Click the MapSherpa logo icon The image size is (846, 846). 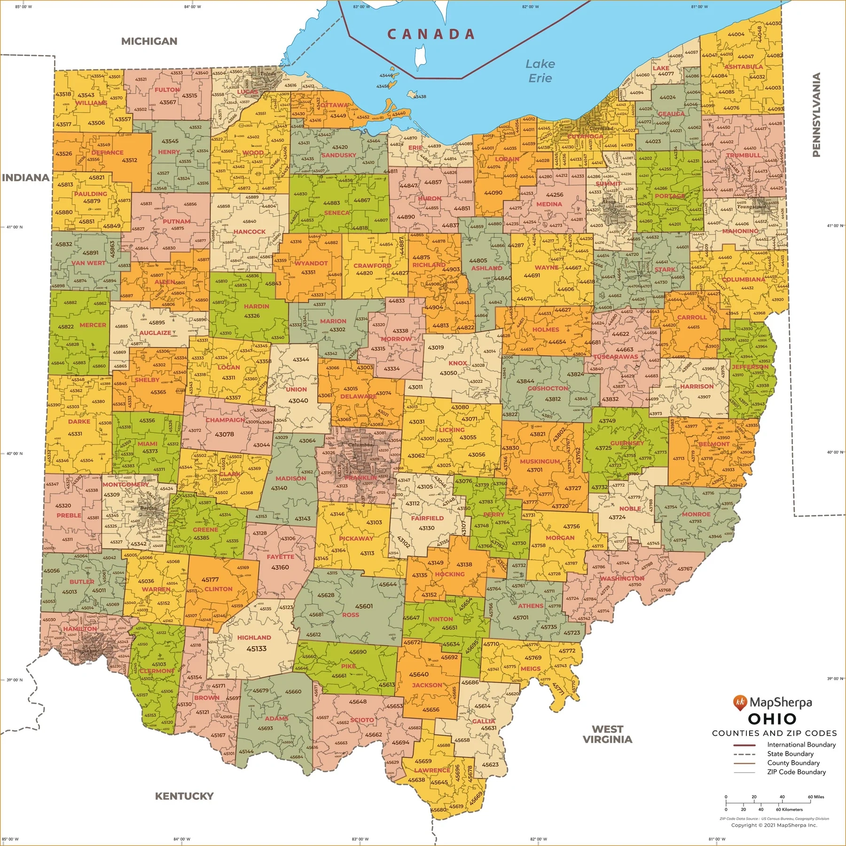[739, 703]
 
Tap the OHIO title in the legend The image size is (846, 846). [772, 719]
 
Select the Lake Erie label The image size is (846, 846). [540, 71]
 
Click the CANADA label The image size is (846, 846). [431, 34]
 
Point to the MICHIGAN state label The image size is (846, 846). [149, 41]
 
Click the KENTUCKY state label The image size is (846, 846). [184, 796]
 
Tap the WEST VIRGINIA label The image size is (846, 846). [607, 734]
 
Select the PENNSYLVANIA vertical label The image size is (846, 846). [816, 115]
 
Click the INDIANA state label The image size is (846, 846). [25, 178]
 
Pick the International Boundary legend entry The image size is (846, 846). [801, 745]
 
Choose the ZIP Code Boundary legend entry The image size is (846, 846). [796, 772]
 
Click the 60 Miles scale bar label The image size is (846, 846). [816, 797]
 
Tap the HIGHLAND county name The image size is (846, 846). [254, 638]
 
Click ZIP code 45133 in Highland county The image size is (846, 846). [256, 649]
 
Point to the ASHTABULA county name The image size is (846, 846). [744, 67]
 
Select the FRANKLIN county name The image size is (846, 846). [360, 478]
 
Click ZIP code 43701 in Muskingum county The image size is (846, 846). [534, 470]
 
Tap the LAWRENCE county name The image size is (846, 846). [432, 770]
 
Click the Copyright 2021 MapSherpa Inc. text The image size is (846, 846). [774, 825]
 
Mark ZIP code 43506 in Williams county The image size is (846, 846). [96, 123]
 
